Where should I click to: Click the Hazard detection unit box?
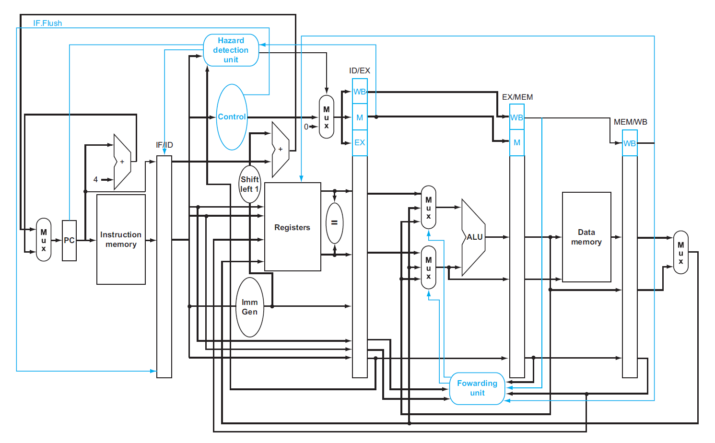click(x=231, y=50)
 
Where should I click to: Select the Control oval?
click(x=232, y=117)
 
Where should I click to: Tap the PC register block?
click(x=69, y=240)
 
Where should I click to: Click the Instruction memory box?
click(x=121, y=239)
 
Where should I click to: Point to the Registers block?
click(x=292, y=227)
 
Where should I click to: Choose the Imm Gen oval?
click(x=249, y=307)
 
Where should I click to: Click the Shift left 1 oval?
click(x=249, y=184)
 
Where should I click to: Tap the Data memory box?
click(x=586, y=237)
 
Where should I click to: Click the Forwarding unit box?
click(x=477, y=388)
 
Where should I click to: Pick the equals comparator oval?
click(x=334, y=223)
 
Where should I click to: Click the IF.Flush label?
click(x=47, y=23)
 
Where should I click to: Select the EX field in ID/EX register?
click(x=360, y=142)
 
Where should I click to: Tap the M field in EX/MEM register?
click(x=516, y=142)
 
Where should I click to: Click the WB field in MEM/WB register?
click(x=629, y=143)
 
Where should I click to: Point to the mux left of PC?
click(x=44, y=240)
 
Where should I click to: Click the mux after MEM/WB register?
click(x=680, y=252)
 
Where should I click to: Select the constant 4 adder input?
click(x=95, y=179)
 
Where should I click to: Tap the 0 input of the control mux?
click(x=306, y=127)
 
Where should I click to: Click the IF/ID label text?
click(x=164, y=145)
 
